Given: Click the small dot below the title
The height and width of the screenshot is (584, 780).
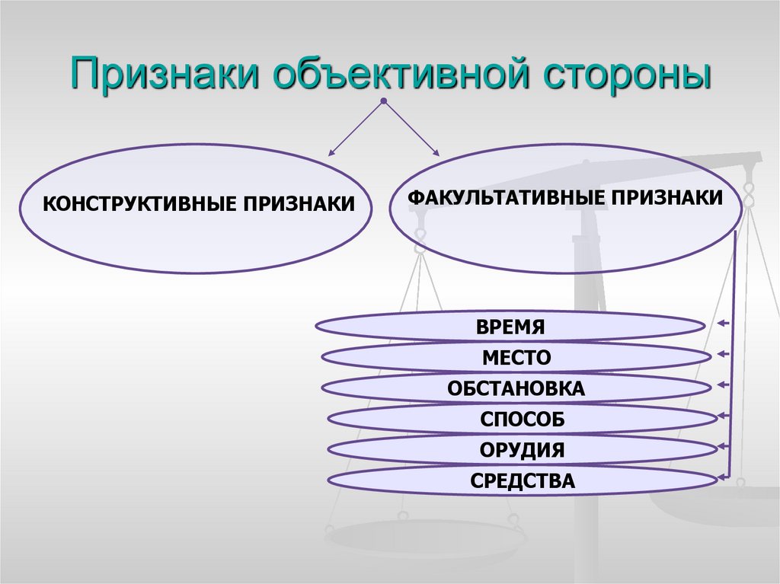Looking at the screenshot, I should click(384, 101).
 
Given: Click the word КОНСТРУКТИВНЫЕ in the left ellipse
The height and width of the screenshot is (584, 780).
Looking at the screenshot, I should click(141, 204).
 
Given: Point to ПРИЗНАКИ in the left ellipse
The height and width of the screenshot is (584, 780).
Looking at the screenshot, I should click(299, 204).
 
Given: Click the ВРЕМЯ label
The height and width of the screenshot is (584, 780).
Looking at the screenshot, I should click(510, 327).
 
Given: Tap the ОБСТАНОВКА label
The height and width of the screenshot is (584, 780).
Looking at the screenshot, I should click(516, 389).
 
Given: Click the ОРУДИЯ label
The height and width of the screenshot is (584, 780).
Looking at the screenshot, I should click(522, 450).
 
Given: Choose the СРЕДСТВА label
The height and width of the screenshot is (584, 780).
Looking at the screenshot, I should click(522, 480).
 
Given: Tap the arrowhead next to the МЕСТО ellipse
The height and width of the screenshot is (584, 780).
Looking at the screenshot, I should click(721, 355).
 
